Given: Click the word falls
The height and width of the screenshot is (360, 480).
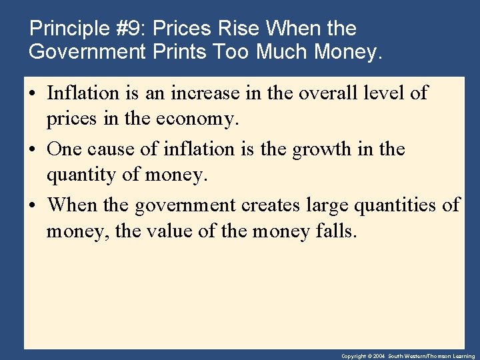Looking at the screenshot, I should click(337, 231).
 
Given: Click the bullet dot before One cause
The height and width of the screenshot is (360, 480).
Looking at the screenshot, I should click(33, 150).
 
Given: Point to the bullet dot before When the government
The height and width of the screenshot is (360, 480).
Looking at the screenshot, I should click(33, 205).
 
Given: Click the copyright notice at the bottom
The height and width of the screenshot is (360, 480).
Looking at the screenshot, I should click(407, 356).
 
